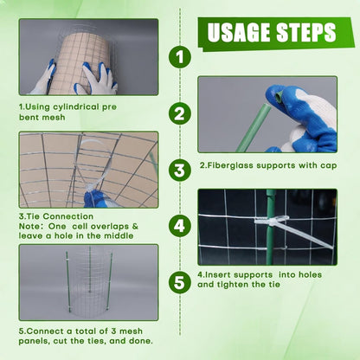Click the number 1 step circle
pos(179,58)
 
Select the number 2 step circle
pos(179,113)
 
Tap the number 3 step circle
pos(179,170)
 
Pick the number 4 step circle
pos(179,226)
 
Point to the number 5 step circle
pos(179,282)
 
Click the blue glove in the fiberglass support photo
pos(303,117)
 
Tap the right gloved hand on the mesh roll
pos(98,80)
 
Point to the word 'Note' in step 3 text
pos(31,226)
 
